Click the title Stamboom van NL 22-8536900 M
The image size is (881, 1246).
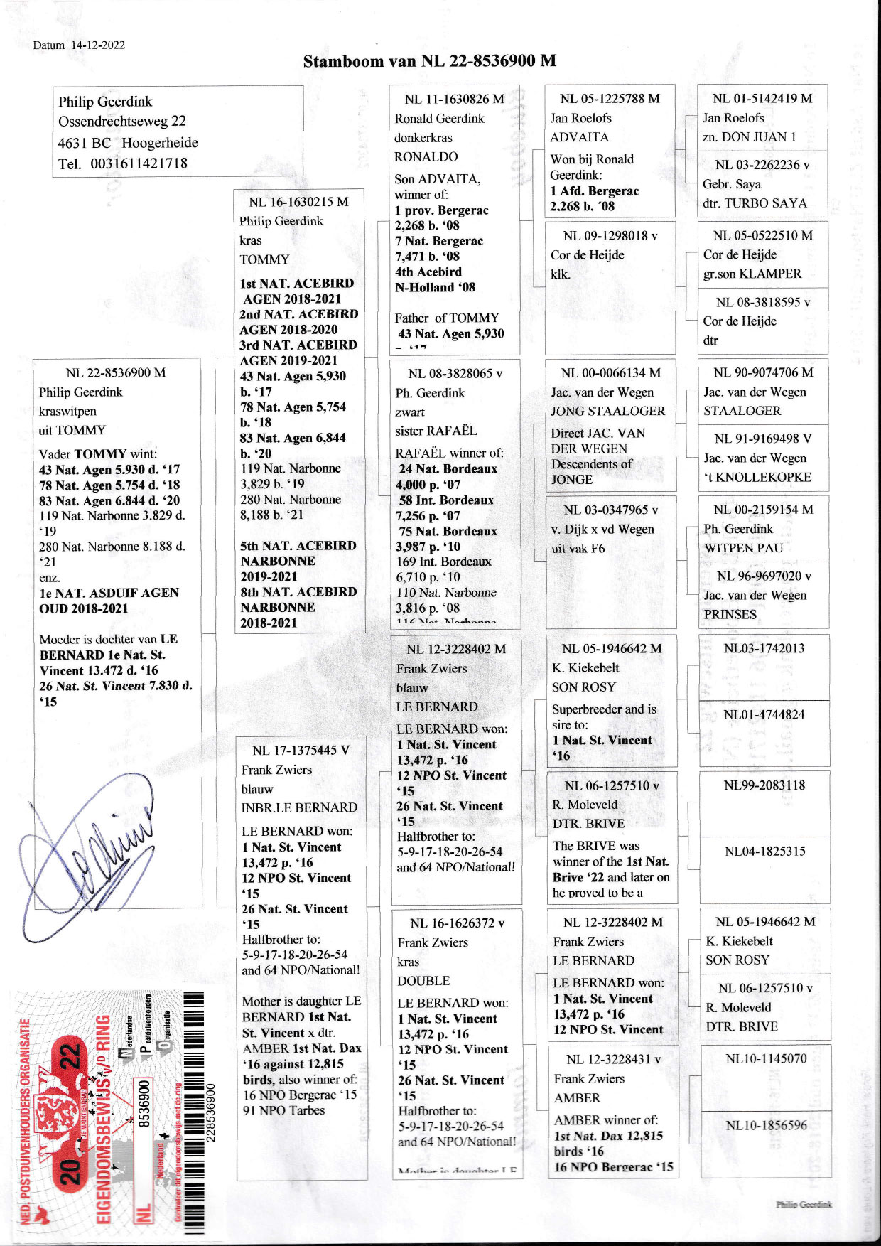[x=429, y=61]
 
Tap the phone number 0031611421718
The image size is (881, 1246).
[x=139, y=163]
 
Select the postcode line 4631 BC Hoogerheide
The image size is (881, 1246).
[x=128, y=143]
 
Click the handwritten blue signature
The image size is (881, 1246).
[x=92, y=846]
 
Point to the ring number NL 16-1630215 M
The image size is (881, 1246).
[x=298, y=202]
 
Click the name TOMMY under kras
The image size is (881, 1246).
[x=264, y=259]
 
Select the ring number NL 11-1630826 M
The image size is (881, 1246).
[x=454, y=100]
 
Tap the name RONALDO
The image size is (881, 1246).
[x=426, y=156]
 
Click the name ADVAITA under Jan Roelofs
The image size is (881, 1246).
[x=579, y=137]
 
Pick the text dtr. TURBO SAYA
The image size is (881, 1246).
[x=755, y=203]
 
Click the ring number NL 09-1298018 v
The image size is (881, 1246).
[x=610, y=236]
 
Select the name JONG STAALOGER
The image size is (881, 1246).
[x=607, y=411]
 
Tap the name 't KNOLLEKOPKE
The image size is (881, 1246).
[x=757, y=477]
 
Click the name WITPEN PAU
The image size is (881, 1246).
[x=743, y=548]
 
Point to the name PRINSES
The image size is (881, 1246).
[x=730, y=614]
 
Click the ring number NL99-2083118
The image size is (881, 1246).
[x=764, y=785]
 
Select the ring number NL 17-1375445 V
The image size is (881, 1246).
[x=301, y=751]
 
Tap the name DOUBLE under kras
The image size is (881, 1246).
[x=423, y=981]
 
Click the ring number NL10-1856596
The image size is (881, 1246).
[x=766, y=1125]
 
